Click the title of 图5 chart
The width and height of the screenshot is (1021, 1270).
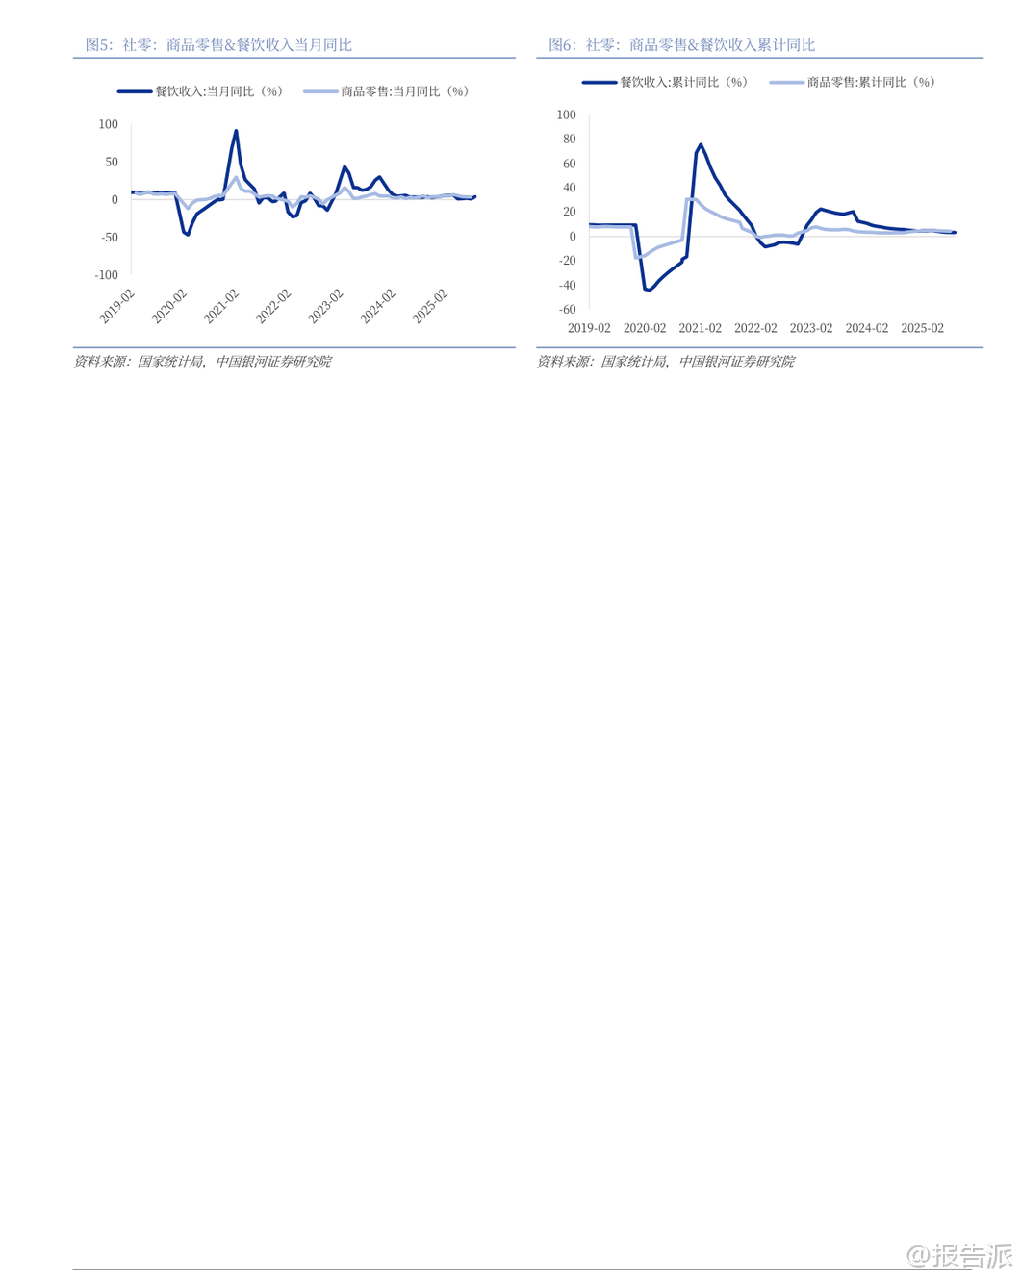(218, 45)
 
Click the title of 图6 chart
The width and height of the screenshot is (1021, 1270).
(681, 45)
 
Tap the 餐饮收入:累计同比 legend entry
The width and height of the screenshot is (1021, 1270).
(665, 82)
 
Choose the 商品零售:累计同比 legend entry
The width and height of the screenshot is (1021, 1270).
(853, 82)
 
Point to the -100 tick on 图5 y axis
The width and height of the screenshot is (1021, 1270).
(106, 275)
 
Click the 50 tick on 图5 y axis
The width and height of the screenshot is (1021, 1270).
(112, 162)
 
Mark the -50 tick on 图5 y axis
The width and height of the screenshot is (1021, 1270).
(108, 238)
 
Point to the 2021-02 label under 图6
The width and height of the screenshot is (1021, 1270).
(700, 328)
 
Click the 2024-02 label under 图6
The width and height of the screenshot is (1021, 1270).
(866, 328)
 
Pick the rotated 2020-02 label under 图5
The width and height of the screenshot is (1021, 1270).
(169, 306)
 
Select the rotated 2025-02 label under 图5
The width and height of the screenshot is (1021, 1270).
(430, 306)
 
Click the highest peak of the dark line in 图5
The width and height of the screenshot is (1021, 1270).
(236, 131)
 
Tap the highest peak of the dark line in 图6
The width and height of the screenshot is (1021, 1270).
(701, 144)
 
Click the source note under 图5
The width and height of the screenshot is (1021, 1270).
(202, 362)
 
